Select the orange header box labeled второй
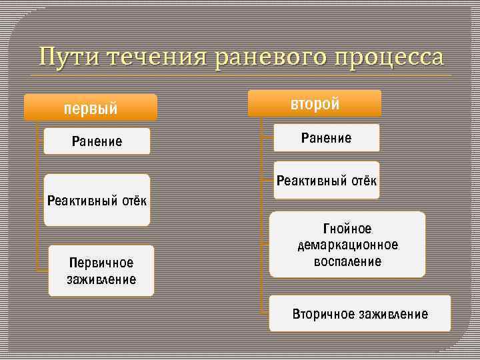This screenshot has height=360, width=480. click(x=315, y=104)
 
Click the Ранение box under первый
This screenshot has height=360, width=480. click(x=97, y=141)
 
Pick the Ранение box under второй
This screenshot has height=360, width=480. click(x=326, y=138)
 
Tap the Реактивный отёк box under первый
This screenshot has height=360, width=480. click(x=97, y=200)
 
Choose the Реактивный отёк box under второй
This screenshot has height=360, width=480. click(x=327, y=181)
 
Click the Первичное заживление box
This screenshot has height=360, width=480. click(x=101, y=271)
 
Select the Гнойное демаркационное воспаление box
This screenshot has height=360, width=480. click(x=347, y=245)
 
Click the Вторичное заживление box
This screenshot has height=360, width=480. click(x=360, y=314)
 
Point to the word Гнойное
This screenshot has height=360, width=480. click(x=347, y=229)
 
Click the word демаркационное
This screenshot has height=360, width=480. click(x=347, y=245)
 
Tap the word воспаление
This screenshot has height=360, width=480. click(x=347, y=261)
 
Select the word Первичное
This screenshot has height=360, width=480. click(x=101, y=263)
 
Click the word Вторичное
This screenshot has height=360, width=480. click(x=321, y=314)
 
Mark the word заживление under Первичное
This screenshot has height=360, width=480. click(x=101, y=279)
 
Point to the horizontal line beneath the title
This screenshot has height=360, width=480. click(x=240, y=75)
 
